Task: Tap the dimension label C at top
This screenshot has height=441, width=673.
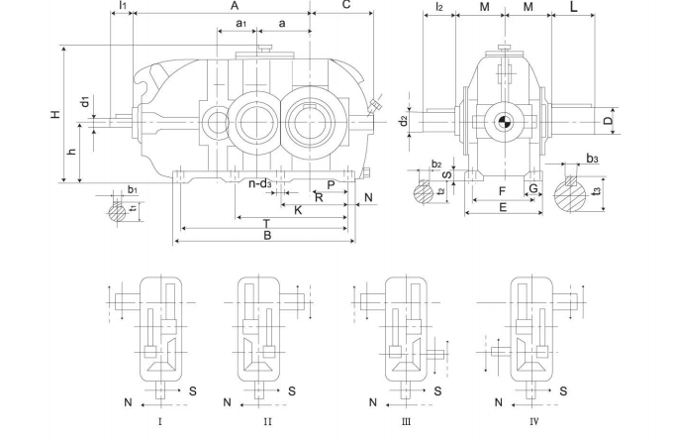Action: click(x=345, y=6)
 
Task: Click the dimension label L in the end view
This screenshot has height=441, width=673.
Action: click(x=574, y=8)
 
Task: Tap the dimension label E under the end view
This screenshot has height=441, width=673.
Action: click(x=503, y=208)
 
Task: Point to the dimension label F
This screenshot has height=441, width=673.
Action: click(x=503, y=190)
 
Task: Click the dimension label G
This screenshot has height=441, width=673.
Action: click(x=532, y=188)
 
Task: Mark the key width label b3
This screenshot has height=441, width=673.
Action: click(x=592, y=158)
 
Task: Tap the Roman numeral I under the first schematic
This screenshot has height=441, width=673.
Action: click(x=160, y=420)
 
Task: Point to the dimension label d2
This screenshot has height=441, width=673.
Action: click(x=403, y=121)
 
